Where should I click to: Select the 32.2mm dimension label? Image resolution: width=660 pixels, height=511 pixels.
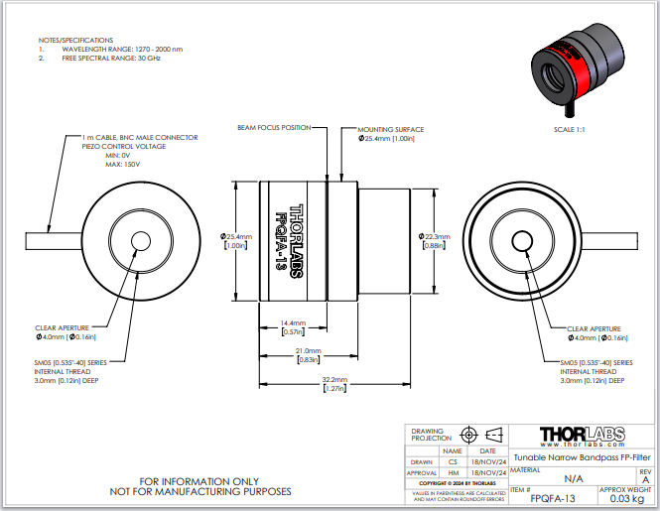(335, 381)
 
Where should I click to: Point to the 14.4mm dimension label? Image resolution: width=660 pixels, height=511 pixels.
(292, 324)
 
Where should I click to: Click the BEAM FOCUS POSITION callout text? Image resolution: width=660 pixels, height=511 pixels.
(274, 128)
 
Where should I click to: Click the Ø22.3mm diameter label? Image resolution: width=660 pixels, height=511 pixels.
(434, 237)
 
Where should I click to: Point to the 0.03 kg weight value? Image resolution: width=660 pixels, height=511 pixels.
(629, 499)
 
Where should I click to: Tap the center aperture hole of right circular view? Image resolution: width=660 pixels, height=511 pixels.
(522, 241)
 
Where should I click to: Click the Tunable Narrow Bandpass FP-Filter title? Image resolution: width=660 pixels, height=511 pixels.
(582, 457)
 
